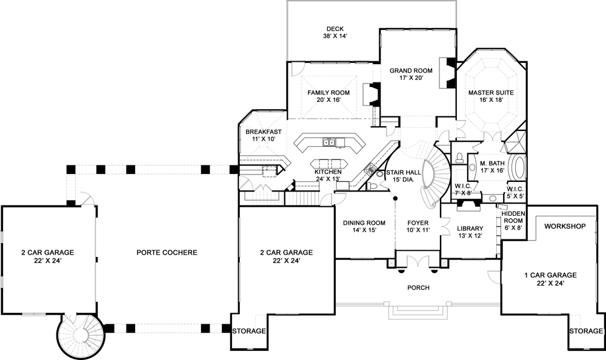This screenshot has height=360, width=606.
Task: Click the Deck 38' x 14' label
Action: point(335,32)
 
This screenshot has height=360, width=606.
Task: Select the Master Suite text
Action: point(490,97)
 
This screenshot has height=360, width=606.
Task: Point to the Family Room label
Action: point(328,96)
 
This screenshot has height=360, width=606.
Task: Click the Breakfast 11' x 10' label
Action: point(264,135)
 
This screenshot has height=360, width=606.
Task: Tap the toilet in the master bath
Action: point(459,159)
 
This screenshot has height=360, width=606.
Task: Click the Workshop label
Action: point(565,226)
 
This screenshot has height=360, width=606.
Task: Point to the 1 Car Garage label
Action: point(550,279)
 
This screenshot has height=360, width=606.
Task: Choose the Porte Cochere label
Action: point(167,252)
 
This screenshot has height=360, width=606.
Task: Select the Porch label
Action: point(418,288)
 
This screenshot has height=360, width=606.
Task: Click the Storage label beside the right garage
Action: point(585,332)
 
